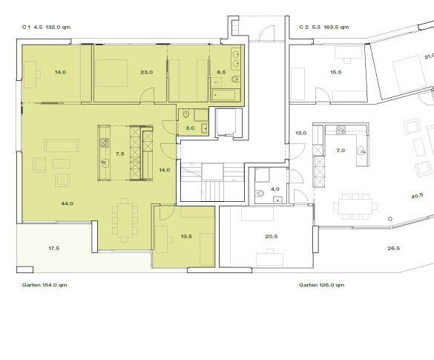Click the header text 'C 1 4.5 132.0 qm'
point(46,27)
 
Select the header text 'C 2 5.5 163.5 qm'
point(323,27)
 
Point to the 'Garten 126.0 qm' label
point(323,285)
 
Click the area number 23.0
point(146,72)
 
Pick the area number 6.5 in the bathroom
point(221,72)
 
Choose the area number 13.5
point(186,236)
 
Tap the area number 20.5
point(271,236)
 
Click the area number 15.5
point(335,72)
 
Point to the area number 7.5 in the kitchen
point(121,154)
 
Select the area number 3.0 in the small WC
point(190,128)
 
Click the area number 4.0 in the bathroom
point(274,189)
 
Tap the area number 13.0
point(300,133)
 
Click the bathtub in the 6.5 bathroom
point(224,94)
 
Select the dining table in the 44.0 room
point(125,220)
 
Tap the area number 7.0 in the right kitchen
point(341,151)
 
